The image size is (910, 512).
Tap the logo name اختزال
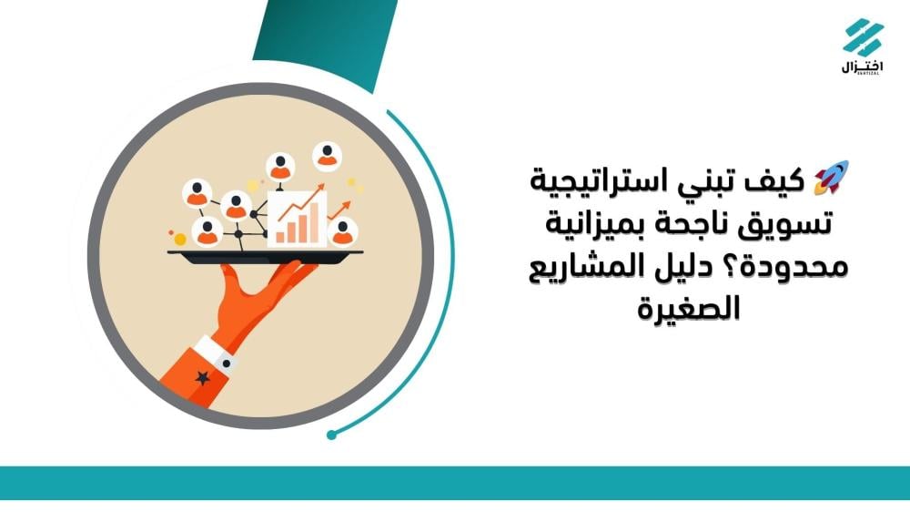862,67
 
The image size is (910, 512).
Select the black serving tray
265,255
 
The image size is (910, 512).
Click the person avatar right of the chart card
342,232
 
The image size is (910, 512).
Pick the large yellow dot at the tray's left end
180,239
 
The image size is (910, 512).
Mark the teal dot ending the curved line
332,435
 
